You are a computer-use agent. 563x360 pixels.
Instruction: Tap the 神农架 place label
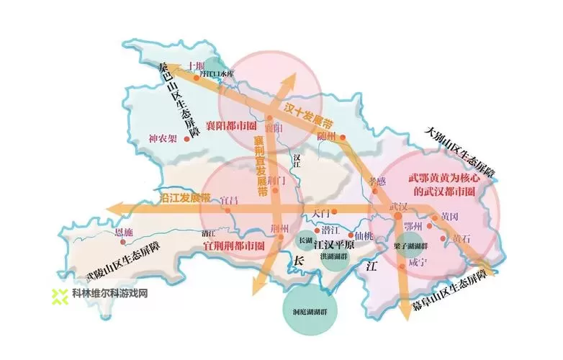162,138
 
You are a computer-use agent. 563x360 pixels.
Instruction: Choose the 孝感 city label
378,181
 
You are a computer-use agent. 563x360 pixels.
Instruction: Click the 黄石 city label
460,238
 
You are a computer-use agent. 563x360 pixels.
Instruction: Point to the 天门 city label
321,212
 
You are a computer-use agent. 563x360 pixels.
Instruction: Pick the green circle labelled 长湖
306,240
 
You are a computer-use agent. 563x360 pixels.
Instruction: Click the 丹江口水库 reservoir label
217,73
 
